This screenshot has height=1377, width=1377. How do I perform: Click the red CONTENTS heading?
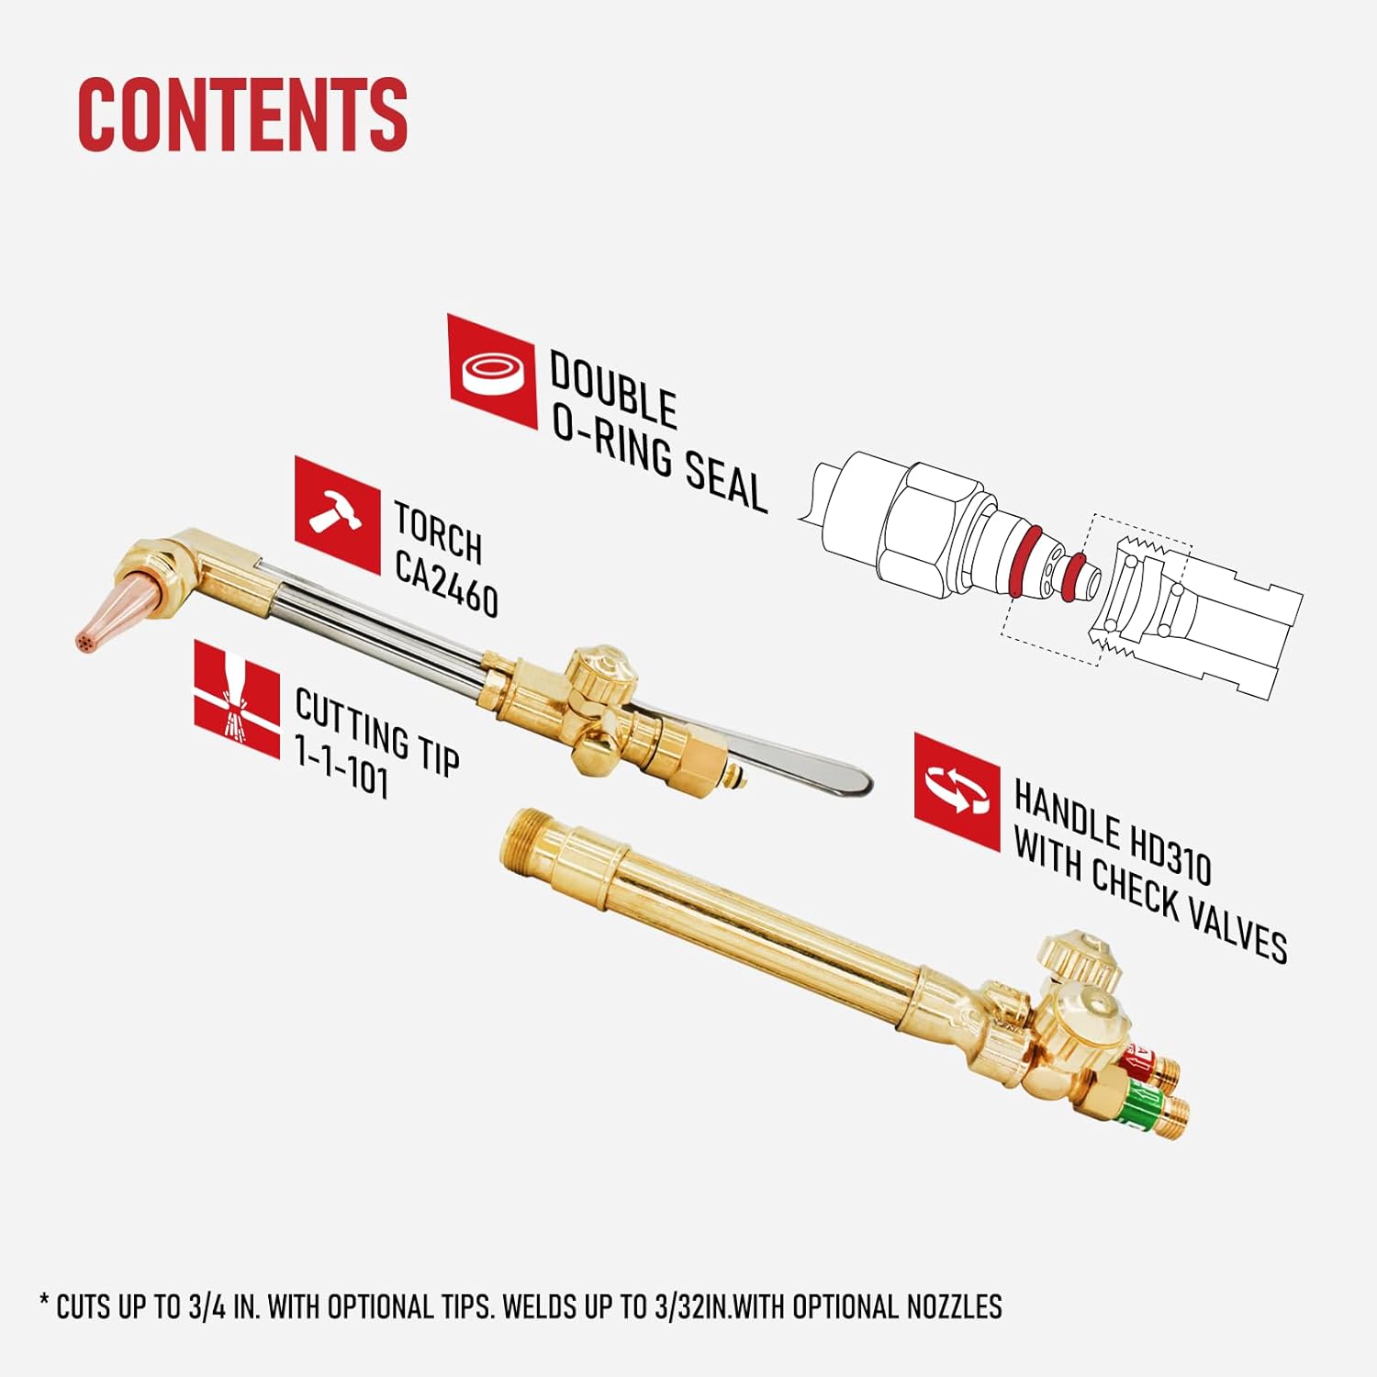[x=242, y=114]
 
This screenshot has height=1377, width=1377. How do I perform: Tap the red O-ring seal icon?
[x=493, y=371]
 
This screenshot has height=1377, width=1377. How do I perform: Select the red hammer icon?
[x=337, y=515]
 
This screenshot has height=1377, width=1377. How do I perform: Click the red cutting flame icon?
[x=237, y=700]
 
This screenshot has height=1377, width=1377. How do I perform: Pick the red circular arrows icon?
[x=957, y=792]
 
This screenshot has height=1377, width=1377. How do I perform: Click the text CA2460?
[x=447, y=584]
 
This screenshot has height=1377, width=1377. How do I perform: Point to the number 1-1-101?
[x=342, y=767]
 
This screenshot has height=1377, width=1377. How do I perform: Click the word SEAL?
[x=725, y=480]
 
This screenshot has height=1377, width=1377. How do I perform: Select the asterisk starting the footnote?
[x=44, y=1301]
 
